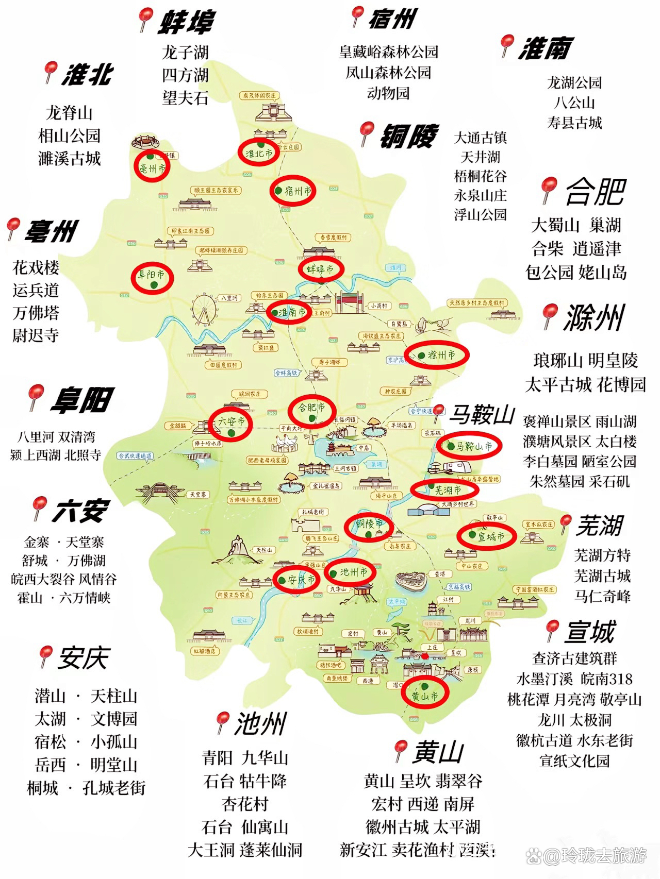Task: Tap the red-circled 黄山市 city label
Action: pyautogui.click(x=425, y=694)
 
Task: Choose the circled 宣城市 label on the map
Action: pyautogui.click(x=487, y=536)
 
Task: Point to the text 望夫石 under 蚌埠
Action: pyautogui.click(x=185, y=97)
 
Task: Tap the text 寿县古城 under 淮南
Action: pyautogui.click(x=574, y=123)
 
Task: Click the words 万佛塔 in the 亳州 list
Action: pyautogui.click(x=36, y=313)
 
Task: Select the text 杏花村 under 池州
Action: pyautogui.click(x=245, y=804)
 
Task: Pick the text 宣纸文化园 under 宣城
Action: pyautogui.click(x=574, y=760)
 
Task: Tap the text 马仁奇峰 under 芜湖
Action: pyautogui.click(x=602, y=596)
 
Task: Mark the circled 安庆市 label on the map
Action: pyautogui.click(x=296, y=580)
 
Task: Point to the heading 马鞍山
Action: pyautogui.click(x=483, y=414)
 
